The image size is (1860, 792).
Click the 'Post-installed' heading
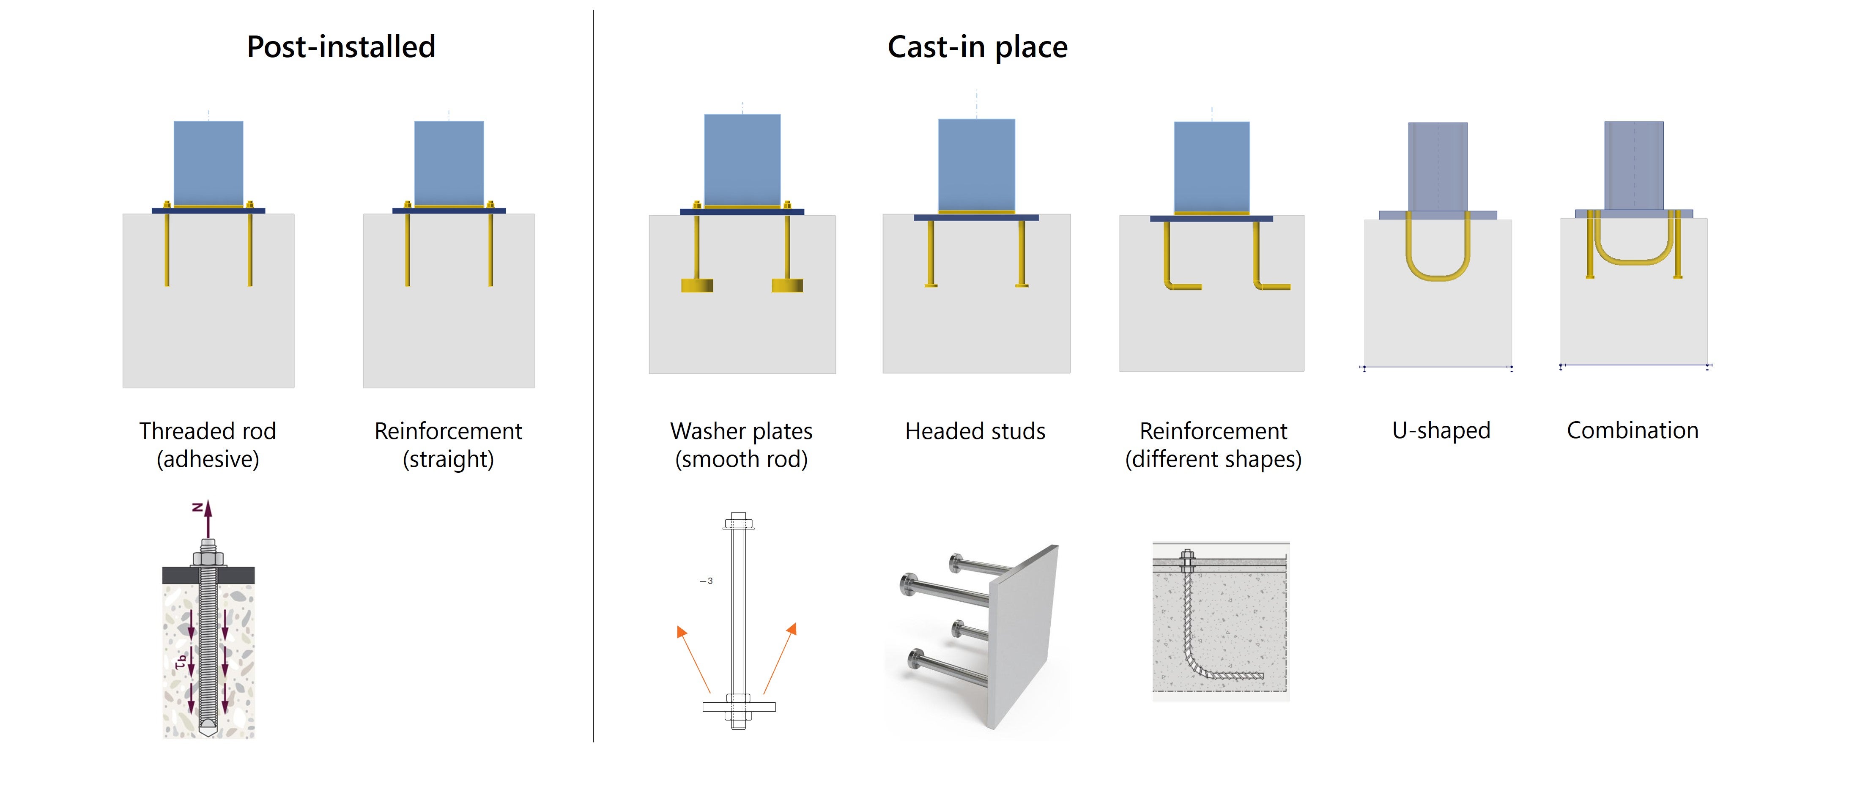point(341,47)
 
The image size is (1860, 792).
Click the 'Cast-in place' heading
point(977,47)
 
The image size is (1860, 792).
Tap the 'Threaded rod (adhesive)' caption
point(208,444)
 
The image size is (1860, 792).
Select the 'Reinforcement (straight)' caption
point(448,444)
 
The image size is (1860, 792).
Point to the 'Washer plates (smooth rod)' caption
point(742,444)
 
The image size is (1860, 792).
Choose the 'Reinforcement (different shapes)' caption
point(1213,444)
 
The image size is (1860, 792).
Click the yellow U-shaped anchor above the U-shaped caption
point(1438,274)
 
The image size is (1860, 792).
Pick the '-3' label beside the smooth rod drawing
point(706,581)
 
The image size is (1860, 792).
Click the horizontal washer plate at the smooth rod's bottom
point(739,707)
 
